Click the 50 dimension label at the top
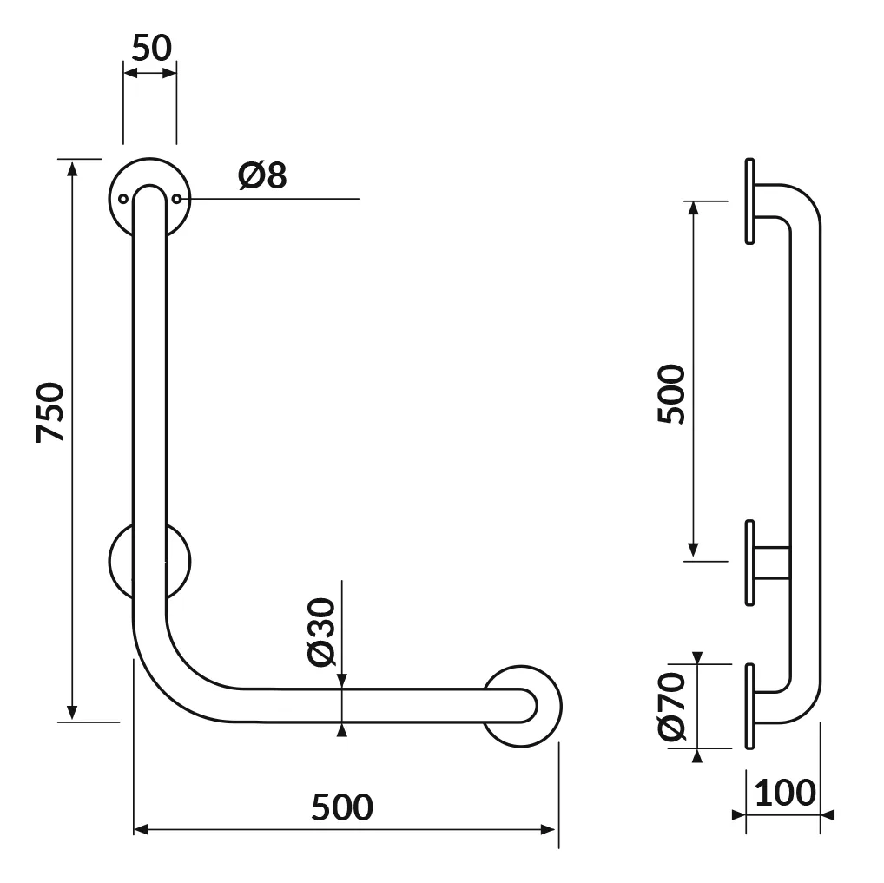pos(152,48)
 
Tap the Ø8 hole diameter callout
pos(262,175)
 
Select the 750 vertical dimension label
pos(50,412)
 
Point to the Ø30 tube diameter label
pos(322,631)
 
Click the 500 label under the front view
pos(342,807)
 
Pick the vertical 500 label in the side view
pos(671,394)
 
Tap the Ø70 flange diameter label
pos(671,706)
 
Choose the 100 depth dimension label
pos(785,793)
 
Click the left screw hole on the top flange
pos(123,199)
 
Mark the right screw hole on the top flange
pos(176,199)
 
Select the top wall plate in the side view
pos(749,201)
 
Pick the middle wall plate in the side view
pos(749,563)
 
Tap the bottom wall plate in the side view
pos(749,707)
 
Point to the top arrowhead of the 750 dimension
pos(71,168)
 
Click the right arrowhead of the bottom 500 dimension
pos(547,829)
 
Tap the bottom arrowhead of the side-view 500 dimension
pos(694,550)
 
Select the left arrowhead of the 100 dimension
pos(738,814)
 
